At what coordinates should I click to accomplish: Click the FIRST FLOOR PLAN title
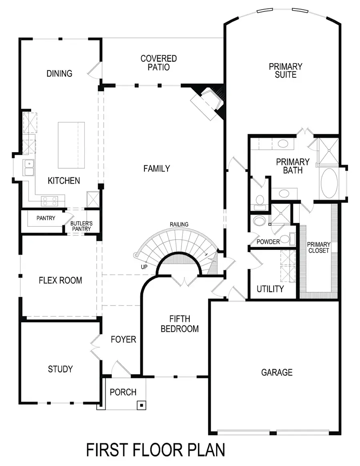pos(156,449)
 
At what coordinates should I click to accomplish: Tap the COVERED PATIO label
pos(158,63)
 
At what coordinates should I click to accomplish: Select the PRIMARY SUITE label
pos(285,70)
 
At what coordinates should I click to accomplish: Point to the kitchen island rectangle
pos(72,145)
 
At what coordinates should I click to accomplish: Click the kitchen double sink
pos(28,168)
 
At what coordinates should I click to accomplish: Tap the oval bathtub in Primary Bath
pos(329,183)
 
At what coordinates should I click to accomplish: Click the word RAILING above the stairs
pos(179,225)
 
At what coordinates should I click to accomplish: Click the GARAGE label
pos(277,372)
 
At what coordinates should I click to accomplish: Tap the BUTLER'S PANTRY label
pos(81,226)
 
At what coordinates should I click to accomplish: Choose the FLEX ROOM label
pos(60,280)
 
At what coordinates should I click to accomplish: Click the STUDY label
pos(60,369)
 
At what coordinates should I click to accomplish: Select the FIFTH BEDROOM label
pos(180,324)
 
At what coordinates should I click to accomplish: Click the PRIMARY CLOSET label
pos(318,247)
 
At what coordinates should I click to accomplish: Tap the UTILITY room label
pos(270,289)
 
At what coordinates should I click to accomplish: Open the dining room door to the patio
pos(94,70)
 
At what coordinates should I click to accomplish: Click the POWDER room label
pos(268,242)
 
